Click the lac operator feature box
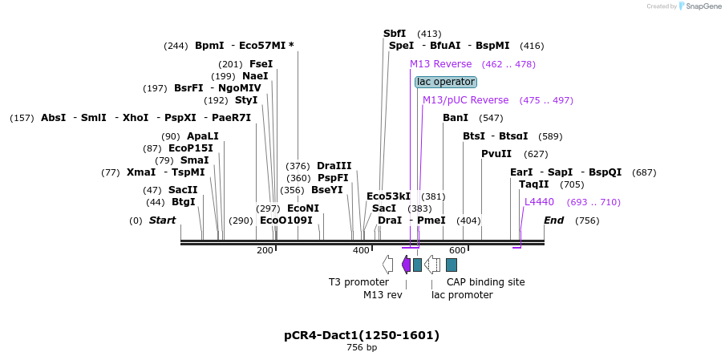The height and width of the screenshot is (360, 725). pos(446,82)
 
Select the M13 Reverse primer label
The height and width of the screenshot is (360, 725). pos(440,64)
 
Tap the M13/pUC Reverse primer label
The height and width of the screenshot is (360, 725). pos(465,100)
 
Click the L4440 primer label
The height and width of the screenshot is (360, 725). pos(539,202)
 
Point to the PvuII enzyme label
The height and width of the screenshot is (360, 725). pos(496,154)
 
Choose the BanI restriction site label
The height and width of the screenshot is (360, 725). pos(456,118)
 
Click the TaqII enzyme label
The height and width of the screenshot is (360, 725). pos(534,184)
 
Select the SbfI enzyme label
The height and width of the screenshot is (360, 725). pos(395,34)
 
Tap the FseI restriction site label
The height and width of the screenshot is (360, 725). pos(261,64)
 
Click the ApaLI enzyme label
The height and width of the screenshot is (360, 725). pos(202,136)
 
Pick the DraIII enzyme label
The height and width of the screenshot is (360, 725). pos(334,166)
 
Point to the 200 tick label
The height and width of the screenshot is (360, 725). pos(265,251)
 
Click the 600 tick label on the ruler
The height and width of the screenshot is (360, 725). pos(457,251)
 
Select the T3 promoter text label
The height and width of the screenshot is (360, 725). pos(358,282)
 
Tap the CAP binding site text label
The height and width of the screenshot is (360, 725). pos(485,282)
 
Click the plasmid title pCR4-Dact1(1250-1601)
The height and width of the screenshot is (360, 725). pos(362,335)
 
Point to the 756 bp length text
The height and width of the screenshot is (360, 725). pos(362,348)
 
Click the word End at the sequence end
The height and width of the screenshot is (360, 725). pos(553,220)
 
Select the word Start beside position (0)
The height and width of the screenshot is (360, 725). pos(162,220)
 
